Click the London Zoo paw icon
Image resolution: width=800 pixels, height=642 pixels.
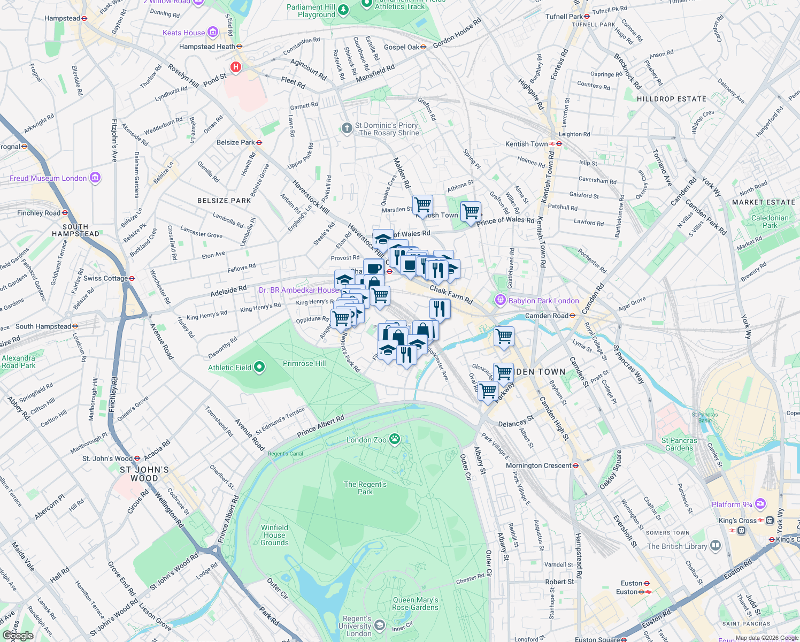click(x=395, y=439)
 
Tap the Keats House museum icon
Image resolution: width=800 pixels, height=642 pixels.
click(x=213, y=33)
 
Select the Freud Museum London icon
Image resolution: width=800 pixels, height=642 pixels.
click(x=95, y=178)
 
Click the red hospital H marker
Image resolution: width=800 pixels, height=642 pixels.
click(x=235, y=67)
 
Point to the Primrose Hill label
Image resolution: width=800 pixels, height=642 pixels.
click(x=304, y=363)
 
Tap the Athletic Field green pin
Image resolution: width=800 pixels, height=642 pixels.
click(x=259, y=367)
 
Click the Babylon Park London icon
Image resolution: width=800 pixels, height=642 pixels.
click(x=500, y=300)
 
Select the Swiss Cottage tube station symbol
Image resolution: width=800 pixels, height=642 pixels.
click(x=132, y=278)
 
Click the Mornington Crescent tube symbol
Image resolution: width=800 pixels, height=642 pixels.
click(x=575, y=465)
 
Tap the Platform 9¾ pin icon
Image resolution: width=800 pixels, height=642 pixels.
click(x=760, y=504)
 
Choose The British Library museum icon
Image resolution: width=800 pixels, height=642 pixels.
click(x=716, y=546)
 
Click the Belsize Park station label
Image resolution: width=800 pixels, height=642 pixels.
click(x=236, y=142)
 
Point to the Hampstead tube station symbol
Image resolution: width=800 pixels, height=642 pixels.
click(x=84, y=18)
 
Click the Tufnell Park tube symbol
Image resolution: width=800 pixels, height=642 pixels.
click(x=587, y=16)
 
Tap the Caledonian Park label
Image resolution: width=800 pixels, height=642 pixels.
click(x=770, y=221)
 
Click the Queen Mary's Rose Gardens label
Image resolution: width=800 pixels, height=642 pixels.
click(x=415, y=603)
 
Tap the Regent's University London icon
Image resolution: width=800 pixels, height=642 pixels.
click(x=379, y=625)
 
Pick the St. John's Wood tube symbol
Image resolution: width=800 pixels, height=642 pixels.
click(x=137, y=458)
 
